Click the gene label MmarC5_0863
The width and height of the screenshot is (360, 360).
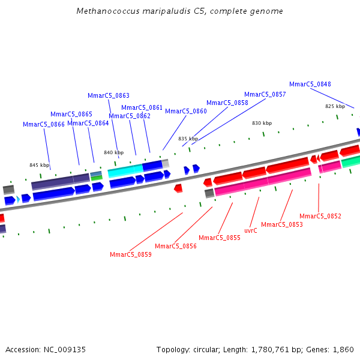(109, 95)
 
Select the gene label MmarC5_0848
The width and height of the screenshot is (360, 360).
(310, 85)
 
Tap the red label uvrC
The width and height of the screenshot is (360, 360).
(251, 230)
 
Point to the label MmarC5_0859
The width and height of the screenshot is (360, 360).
(131, 254)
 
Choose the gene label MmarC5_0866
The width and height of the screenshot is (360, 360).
(44, 125)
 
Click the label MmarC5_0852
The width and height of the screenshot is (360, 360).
(320, 216)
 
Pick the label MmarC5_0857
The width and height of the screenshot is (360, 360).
(265, 95)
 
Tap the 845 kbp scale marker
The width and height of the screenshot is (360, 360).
(40, 165)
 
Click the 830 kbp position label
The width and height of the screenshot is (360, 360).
(262, 123)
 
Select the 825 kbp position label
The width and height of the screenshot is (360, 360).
(335, 106)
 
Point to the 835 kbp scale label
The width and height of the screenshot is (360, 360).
(188, 139)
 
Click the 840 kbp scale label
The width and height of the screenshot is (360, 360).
(113, 152)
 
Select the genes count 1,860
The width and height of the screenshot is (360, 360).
(343, 350)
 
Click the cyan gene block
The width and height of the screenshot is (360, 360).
(125, 172)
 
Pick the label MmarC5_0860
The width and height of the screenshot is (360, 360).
(186, 112)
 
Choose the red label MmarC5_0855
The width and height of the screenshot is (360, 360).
(220, 238)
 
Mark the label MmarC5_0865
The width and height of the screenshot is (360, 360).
(71, 114)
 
